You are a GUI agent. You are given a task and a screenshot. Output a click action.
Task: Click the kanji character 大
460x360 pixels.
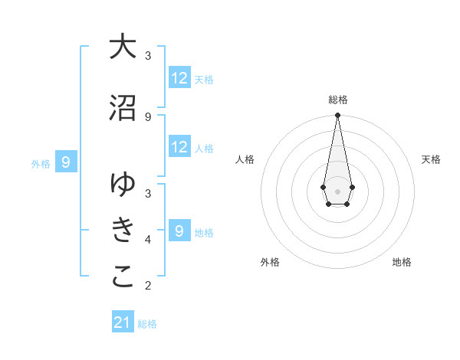point(123,47)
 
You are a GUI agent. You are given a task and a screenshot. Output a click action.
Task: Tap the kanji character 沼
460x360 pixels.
point(123,109)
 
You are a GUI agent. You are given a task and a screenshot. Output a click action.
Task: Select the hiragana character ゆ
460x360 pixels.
point(123,185)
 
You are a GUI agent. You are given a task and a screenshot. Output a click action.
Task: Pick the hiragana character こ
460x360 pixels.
point(123,277)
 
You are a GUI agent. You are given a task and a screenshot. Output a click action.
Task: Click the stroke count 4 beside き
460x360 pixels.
point(148,239)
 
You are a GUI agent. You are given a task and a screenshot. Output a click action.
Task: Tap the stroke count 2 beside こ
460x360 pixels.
point(148,286)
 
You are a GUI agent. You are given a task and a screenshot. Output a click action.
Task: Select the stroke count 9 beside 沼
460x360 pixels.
point(148,116)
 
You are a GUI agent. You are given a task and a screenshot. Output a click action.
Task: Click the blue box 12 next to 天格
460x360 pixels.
point(179,78)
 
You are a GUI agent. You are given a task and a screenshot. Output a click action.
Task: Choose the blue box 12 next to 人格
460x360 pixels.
point(179,147)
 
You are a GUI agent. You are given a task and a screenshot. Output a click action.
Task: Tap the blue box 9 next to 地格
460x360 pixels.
point(179,231)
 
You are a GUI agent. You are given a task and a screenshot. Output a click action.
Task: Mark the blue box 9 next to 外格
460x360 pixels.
point(67,162)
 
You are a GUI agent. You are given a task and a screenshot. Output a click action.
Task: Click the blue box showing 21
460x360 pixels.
point(123,322)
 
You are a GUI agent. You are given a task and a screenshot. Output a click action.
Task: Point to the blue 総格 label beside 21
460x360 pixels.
point(147,323)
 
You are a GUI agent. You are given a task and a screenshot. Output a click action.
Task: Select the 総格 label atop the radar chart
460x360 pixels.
point(337,100)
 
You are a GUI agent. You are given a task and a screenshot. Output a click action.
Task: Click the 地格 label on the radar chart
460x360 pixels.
point(402,262)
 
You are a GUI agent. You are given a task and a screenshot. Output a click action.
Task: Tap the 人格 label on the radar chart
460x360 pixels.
point(245,159)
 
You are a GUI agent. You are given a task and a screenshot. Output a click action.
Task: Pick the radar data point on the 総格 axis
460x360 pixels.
point(337,116)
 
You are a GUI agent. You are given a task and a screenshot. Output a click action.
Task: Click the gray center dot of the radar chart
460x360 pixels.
point(337,191)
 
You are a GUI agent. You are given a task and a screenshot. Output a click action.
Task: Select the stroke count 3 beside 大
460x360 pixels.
point(148,56)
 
